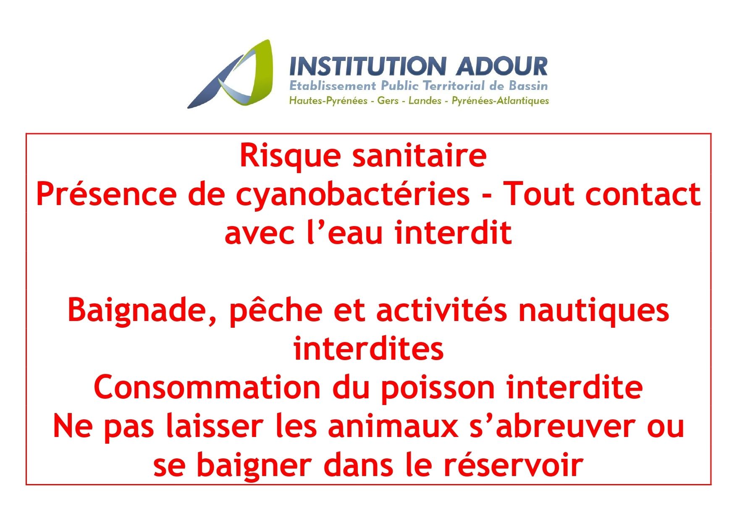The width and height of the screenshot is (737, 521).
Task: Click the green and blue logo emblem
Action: click(235, 76)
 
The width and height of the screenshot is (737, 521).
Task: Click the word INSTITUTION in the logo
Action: click(367, 66)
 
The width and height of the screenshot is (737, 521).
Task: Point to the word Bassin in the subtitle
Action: click(528, 86)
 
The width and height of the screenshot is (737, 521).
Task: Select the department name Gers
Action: click(388, 101)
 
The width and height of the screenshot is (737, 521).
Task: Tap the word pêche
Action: click(276, 312)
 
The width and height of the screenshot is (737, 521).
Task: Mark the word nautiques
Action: click(594, 312)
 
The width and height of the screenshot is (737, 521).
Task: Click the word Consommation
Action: click(207, 387)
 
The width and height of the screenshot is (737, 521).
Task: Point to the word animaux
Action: click(393, 427)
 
